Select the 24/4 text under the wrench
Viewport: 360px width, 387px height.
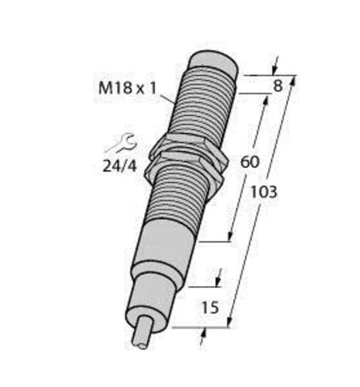tap(121, 165)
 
